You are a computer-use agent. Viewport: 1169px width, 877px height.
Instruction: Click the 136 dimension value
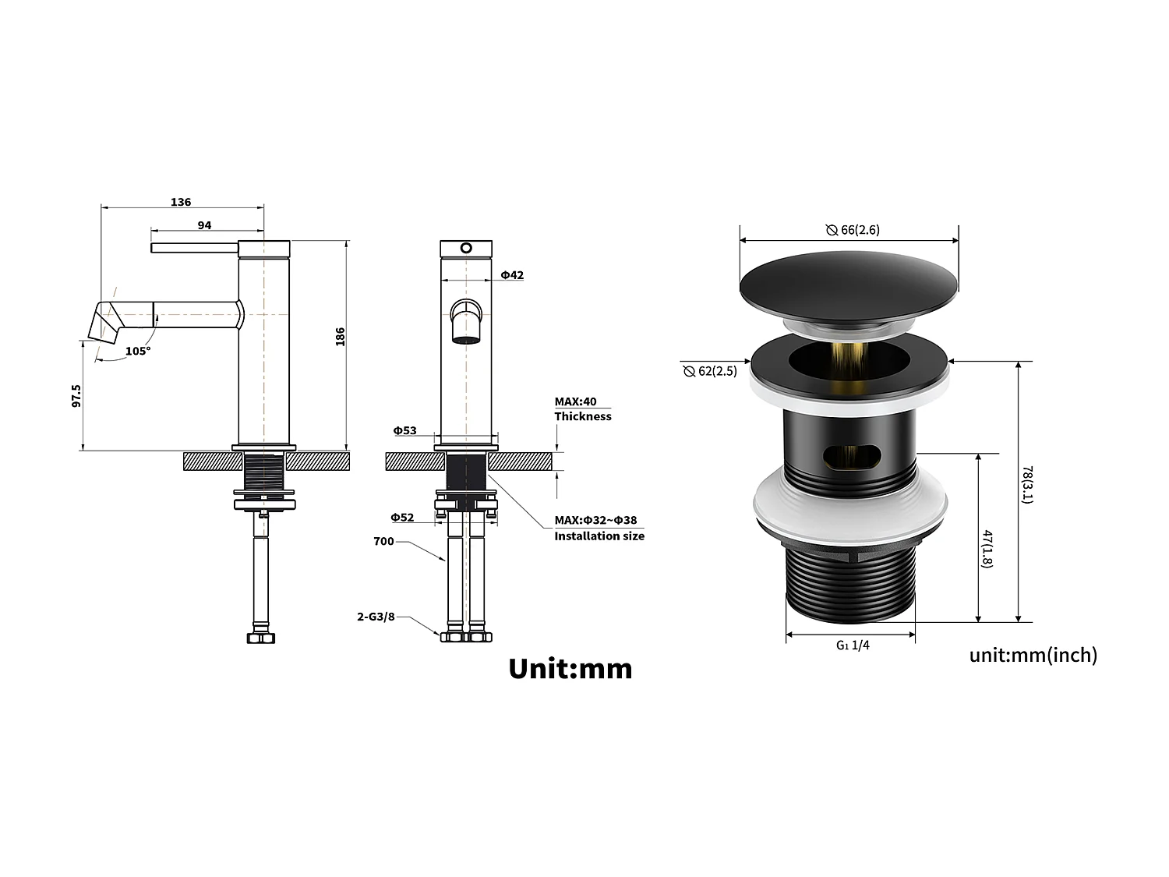(x=181, y=202)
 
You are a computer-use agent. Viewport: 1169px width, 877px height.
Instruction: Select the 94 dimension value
(x=204, y=225)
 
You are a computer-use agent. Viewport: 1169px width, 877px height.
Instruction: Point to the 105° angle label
(x=138, y=351)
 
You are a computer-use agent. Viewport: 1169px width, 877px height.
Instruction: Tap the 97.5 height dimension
(x=76, y=395)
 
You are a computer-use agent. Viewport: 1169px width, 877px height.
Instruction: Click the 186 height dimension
(x=340, y=337)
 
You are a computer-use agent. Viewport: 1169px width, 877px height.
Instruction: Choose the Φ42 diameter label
(x=512, y=275)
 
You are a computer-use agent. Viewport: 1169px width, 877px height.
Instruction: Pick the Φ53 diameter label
(x=404, y=430)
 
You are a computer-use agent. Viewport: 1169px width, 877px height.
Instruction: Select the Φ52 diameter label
(x=402, y=518)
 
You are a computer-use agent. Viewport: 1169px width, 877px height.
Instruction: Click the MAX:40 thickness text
(x=576, y=401)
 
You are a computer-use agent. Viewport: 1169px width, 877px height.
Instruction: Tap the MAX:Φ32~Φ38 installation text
(x=595, y=520)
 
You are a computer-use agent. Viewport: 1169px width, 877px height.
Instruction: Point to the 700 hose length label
(x=383, y=541)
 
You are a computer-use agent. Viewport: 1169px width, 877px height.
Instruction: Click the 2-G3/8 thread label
(x=376, y=617)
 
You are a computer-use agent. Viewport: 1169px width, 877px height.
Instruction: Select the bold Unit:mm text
(x=570, y=669)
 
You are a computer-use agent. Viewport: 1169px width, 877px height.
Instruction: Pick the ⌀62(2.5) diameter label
(x=710, y=371)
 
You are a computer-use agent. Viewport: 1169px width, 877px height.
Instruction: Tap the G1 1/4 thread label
(x=853, y=645)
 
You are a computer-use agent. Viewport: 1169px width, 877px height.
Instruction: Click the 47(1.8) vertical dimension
(x=987, y=549)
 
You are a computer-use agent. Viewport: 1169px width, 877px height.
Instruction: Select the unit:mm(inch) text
(x=1033, y=655)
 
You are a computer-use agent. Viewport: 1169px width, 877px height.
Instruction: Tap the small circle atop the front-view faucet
(x=466, y=249)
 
